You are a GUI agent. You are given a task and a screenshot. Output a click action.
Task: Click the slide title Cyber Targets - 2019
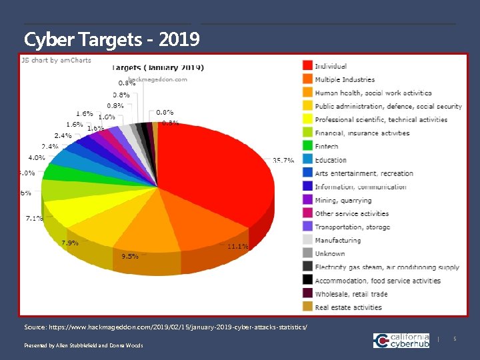coord(111,39)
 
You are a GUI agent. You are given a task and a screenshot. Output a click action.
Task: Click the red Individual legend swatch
coord(307,66)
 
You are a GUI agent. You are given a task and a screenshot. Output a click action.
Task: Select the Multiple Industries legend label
coord(345,80)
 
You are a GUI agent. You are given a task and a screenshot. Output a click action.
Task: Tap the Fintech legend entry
coord(327,147)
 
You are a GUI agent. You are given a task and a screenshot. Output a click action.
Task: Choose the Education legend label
coord(331,160)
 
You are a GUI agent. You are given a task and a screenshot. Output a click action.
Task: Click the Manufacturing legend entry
coord(338,240)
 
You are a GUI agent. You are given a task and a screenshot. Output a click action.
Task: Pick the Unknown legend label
coord(330,253)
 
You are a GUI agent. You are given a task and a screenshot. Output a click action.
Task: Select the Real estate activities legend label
coord(348,307)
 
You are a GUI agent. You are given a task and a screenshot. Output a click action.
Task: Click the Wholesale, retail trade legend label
coord(351,294)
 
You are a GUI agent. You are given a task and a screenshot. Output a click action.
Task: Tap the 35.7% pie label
coord(283,161)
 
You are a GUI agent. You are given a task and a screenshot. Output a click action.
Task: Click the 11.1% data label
coord(238,247)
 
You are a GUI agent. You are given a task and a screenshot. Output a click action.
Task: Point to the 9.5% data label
coord(129,256)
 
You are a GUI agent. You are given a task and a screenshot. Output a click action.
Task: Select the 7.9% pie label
coord(71,243)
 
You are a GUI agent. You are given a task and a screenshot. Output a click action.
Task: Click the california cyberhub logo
coord(401,341)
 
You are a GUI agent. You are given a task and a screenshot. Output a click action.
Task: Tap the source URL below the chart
coord(166,328)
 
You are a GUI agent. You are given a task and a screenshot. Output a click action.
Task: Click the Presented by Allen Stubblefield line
coord(83,345)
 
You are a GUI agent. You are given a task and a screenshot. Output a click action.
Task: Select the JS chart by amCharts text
coord(57,60)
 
